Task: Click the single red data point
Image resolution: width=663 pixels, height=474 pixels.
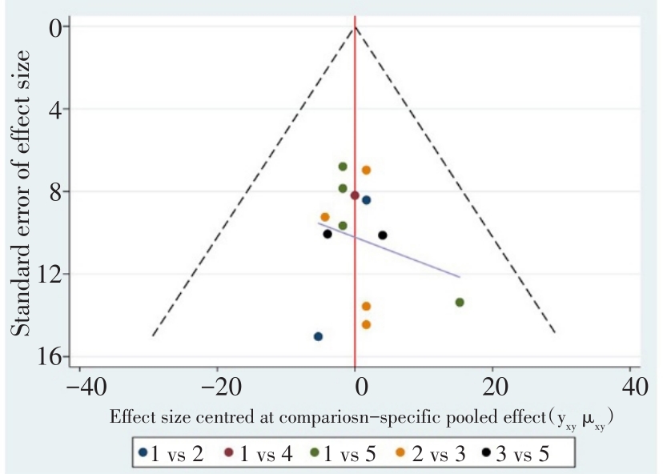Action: tap(355, 195)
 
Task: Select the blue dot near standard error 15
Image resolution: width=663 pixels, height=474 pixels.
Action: tap(318, 336)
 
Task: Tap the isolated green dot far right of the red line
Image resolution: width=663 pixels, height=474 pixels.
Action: tap(460, 302)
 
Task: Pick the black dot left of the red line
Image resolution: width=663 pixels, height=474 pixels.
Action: tap(327, 234)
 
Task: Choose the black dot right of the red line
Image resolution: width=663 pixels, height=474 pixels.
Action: tap(383, 235)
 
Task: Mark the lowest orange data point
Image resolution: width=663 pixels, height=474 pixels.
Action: tap(366, 324)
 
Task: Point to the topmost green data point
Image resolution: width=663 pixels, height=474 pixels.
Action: tap(343, 167)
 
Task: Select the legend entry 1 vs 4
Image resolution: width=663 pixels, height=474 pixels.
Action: tap(259, 454)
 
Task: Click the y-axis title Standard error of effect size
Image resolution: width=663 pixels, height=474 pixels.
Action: tap(22, 192)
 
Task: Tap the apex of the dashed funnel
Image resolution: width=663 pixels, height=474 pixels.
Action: tap(355, 27)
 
